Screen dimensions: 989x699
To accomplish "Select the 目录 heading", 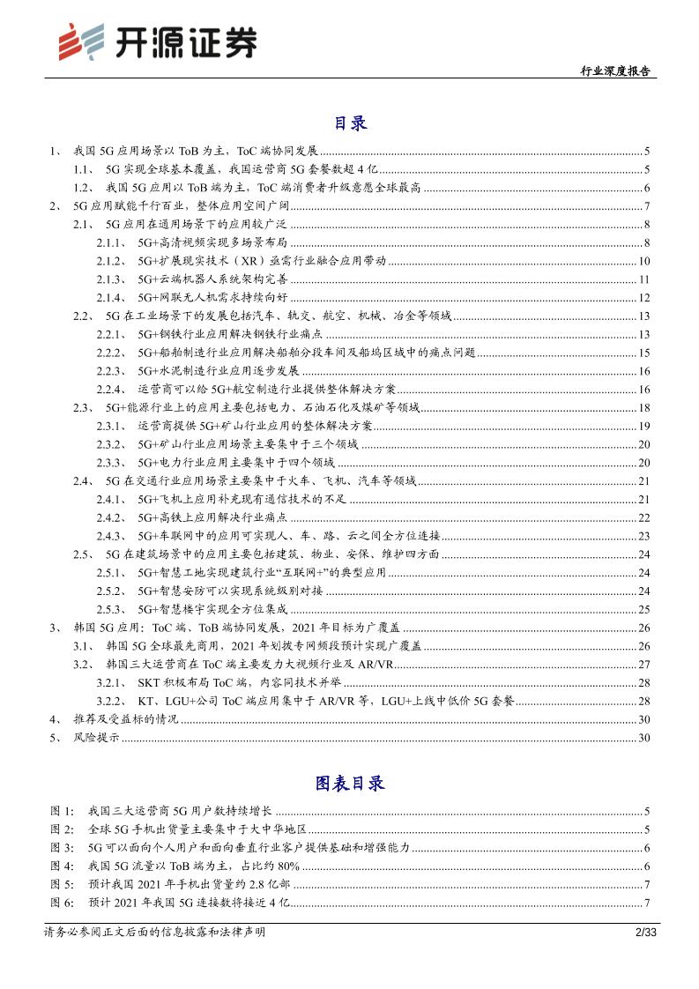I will click(350, 123).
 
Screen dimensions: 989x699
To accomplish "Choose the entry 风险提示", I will click(96, 738).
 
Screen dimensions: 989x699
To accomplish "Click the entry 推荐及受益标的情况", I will click(125, 719).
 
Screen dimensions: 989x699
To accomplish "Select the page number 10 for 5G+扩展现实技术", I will click(643, 261).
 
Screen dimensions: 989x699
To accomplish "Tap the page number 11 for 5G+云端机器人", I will click(643, 279).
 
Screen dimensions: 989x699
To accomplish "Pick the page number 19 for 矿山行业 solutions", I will click(643, 426).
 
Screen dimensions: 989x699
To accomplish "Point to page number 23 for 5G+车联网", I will click(643, 535).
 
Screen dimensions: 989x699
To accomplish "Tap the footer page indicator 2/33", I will click(636, 932).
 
